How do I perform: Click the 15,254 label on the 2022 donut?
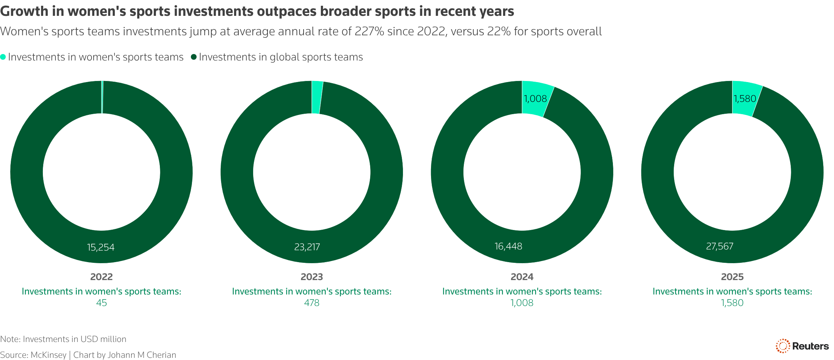pyautogui.click(x=101, y=247)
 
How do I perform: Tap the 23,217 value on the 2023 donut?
pyautogui.click(x=307, y=247)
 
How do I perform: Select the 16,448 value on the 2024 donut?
pyautogui.click(x=508, y=246)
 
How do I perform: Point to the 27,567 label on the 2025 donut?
pyautogui.click(x=719, y=246)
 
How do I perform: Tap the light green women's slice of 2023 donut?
pyautogui.click(x=317, y=97)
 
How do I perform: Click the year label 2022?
pyautogui.click(x=102, y=277)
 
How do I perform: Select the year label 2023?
pyautogui.click(x=312, y=277)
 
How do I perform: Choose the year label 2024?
pyautogui.click(x=522, y=277)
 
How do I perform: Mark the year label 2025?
pyautogui.click(x=732, y=277)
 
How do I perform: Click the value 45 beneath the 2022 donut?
pyautogui.click(x=102, y=303)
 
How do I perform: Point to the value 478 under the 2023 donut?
pyautogui.click(x=312, y=303)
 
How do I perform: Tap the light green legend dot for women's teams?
pyautogui.click(x=3, y=57)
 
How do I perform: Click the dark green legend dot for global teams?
pyautogui.click(x=194, y=57)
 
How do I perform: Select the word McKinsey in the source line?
pyautogui.click(x=49, y=355)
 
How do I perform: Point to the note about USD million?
pyautogui.click(x=63, y=339)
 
